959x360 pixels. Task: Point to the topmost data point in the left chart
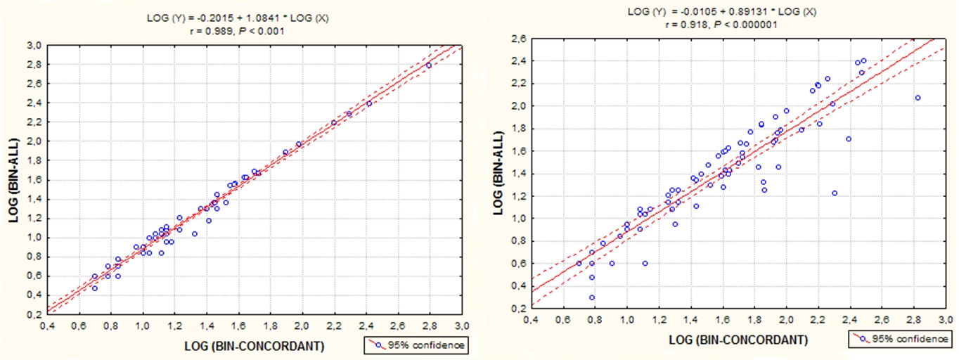pos(429,65)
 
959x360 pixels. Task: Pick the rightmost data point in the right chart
pos(918,98)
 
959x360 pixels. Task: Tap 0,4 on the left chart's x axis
pos(47,326)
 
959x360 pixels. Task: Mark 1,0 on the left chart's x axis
pos(143,326)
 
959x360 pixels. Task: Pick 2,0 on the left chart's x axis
pos(302,326)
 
